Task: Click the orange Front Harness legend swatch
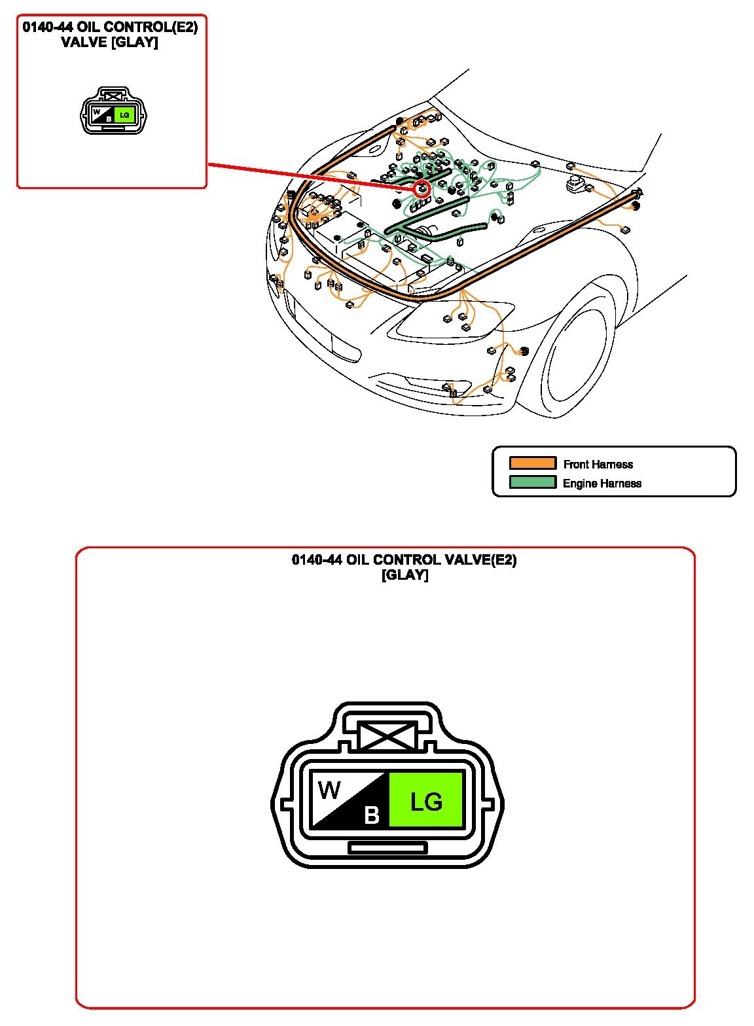click(533, 463)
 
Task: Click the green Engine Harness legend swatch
click(533, 482)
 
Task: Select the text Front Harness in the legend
click(598, 464)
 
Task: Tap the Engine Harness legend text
click(602, 483)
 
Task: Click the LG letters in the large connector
click(427, 802)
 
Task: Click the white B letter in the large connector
click(372, 815)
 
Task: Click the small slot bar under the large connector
click(387, 848)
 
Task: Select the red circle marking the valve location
click(422, 188)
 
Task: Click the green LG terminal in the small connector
click(124, 115)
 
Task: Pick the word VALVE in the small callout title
click(84, 42)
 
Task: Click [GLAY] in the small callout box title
click(135, 43)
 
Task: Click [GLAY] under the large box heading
click(405, 575)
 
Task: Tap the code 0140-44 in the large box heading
click(317, 559)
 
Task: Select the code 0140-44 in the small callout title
click(48, 27)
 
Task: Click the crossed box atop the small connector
click(113, 96)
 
